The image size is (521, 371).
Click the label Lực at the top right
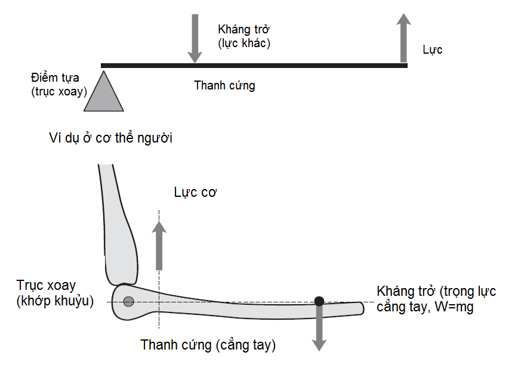coord(432,50)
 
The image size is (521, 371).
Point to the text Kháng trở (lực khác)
coord(244,36)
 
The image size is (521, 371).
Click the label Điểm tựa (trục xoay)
coord(58,84)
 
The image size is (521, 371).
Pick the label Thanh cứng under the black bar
coord(224,85)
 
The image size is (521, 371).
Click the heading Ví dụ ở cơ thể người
coord(111,138)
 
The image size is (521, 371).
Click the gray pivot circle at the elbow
coord(128,302)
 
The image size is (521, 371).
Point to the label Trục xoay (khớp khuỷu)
coord(55,293)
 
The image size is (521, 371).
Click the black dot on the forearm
coord(319,301)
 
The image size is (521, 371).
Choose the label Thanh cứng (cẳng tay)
coord(208,345)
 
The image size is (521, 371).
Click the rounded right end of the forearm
coord(359,308)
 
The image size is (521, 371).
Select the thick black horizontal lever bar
coord(254,65)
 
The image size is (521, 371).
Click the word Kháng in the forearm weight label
coord(393,292)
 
